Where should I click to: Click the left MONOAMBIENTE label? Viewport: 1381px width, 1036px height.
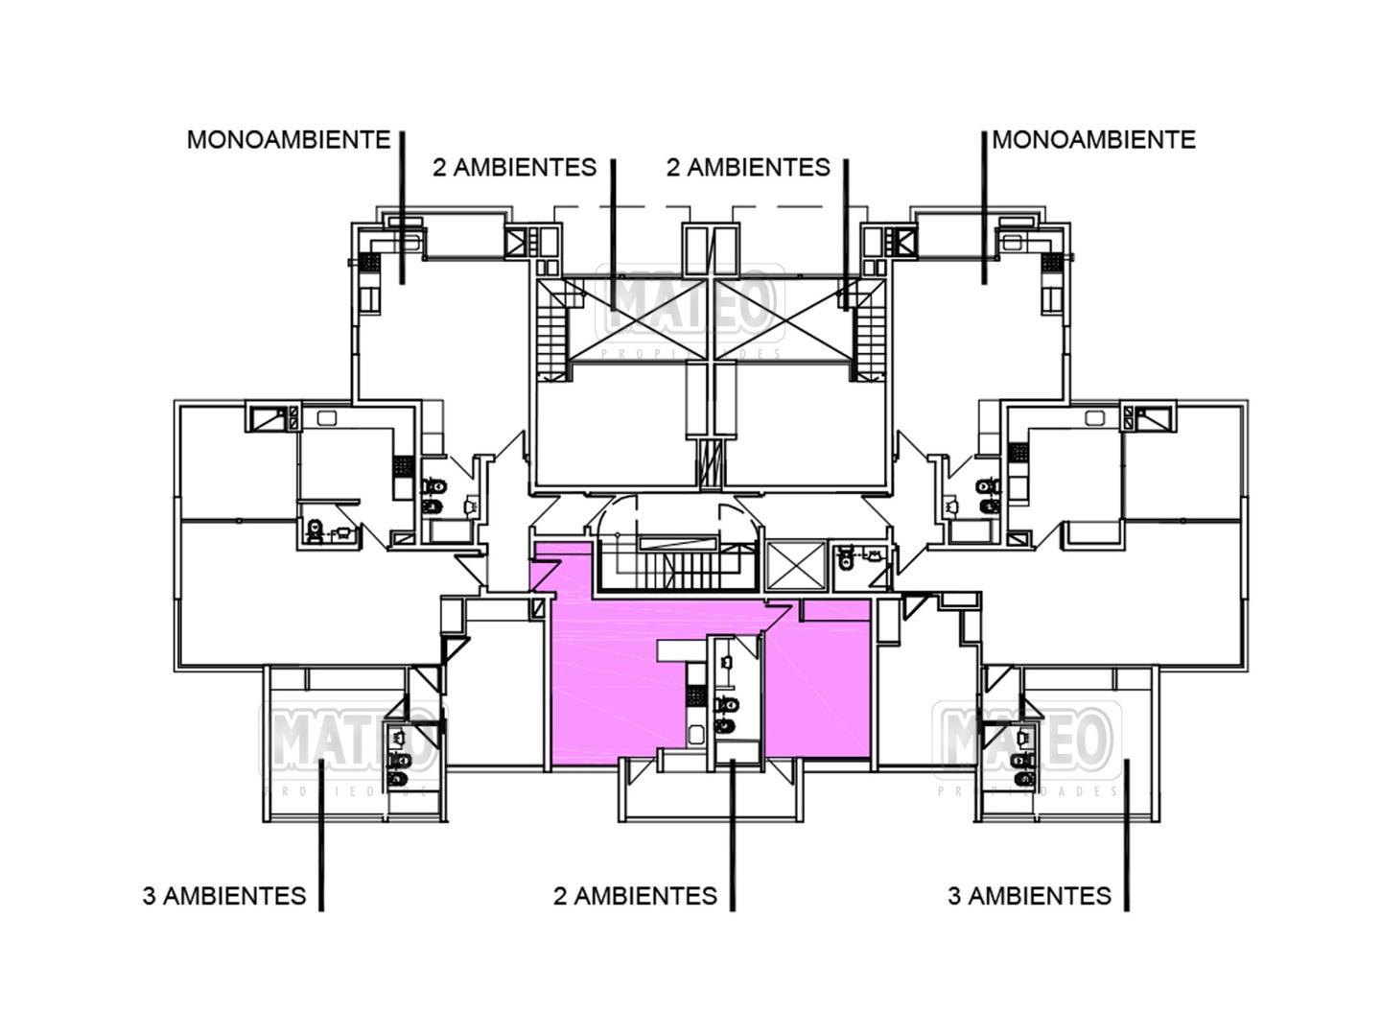click(x=288, y=140)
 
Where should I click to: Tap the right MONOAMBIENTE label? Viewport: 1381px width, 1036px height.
click(x=1093, y=140)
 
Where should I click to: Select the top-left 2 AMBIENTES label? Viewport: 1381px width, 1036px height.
click(x=514, y=168)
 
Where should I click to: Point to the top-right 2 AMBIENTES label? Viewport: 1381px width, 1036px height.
click(x=748, y=168)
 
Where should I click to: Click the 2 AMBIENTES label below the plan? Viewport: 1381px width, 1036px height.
click(x=635, y=896)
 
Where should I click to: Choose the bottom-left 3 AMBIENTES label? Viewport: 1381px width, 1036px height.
click(x=224, y=896)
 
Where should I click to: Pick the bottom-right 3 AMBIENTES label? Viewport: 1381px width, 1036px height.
click(x=1029, y=896)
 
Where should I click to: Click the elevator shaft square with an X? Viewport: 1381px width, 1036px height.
click(x=796, y=565)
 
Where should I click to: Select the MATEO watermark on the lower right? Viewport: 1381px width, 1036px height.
click(x=1026, y=739)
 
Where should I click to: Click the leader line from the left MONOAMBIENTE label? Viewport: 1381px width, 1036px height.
click(x=402, y=206)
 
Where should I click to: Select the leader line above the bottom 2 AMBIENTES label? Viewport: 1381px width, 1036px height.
click(x=732, y=835)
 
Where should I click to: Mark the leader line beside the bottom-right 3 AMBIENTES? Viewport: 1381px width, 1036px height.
click(x=1127, y=835)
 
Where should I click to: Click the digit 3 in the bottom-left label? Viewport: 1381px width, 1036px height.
click(x=150, y=896)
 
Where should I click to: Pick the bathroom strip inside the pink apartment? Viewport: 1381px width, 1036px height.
click(x=728, y=696)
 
